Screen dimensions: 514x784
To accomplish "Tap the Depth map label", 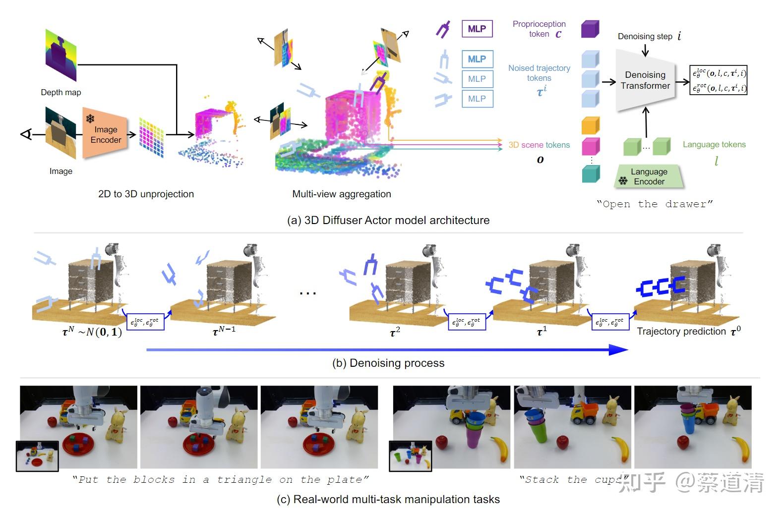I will point(60,92).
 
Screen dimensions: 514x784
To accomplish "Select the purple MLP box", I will point(477,29).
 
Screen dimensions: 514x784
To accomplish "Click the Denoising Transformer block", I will point(645,80).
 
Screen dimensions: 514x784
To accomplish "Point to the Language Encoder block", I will point(649,176).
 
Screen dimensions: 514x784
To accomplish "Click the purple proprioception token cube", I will point(590,29).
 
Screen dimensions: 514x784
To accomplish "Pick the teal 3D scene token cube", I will point(591,174).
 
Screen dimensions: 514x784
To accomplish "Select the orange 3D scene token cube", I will point(591,125).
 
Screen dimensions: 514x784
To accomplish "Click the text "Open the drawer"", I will point(655,204).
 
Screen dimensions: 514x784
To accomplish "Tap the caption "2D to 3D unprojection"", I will point(146,194).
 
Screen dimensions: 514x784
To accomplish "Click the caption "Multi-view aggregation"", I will point(341,194).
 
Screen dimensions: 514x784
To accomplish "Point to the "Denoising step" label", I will point(645,36).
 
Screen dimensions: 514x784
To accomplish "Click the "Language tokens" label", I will point(714,144).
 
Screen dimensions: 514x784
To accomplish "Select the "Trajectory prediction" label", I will point(681,331).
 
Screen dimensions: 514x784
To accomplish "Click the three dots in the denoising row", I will point(307,293).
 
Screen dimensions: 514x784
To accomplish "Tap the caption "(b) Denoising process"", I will point(388,363).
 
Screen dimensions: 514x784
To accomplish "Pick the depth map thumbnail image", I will point(61,55).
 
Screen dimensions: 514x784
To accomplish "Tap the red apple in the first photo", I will point(52,422).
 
